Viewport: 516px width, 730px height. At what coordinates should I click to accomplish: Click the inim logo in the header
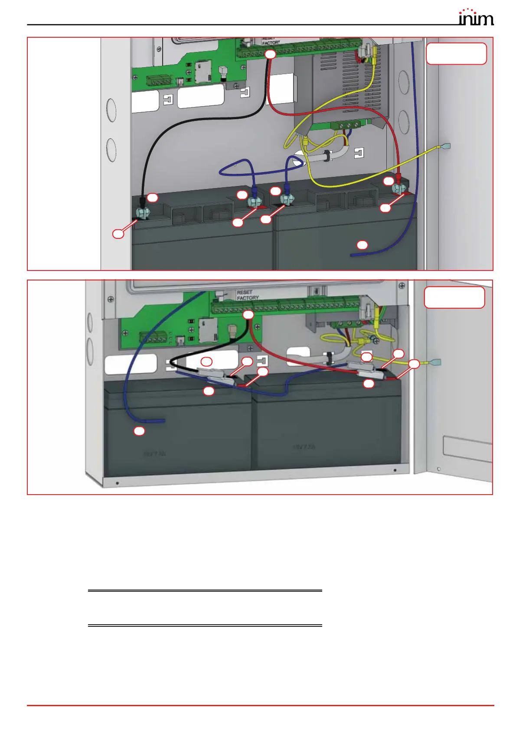click(476, 17)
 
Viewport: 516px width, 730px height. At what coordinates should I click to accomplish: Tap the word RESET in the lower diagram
click(245, 292)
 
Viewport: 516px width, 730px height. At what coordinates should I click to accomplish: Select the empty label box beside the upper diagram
click(456, 54)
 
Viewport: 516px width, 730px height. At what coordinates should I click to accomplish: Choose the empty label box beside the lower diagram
click(454, 297)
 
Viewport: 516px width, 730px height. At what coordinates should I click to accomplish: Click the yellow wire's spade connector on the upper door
click(445, 147)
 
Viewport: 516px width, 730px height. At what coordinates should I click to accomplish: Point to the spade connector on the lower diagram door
click(436, 362)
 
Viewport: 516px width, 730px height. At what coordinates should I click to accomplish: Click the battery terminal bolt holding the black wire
click(144, 213)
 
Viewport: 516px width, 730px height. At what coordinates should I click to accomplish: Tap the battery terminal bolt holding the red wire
click(398, 189)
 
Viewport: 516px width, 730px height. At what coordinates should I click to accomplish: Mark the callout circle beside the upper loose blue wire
click(362, 245)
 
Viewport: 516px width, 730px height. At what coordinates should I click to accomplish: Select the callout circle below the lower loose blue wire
click(139, 431)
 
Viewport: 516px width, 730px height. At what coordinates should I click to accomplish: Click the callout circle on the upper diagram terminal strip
click(270, 54)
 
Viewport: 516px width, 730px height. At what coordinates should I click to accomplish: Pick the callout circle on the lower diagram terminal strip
click(248, 315)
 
